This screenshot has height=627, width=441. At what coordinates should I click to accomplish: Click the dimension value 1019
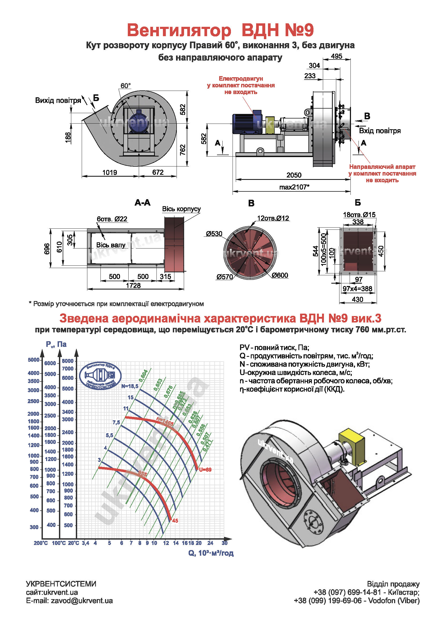coord(109,173)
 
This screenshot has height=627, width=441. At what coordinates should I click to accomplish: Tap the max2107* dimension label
coord(294,187)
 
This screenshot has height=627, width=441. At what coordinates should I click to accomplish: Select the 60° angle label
coord(126,86)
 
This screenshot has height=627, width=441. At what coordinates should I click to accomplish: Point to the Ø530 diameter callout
coord(214,234)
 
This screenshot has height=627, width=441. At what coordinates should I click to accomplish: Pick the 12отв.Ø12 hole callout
coord(273,218)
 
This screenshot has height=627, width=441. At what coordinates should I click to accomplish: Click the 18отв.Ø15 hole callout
coord(359,215)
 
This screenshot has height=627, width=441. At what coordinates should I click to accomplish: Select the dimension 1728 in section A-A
coord(133,285)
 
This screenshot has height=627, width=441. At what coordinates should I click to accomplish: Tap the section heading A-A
coord(143,203)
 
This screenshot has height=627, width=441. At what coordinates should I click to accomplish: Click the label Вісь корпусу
coord(181,209)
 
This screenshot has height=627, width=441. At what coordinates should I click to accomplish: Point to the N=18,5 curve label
coord(130,386)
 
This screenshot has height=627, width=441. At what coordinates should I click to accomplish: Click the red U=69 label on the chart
coord(205,470)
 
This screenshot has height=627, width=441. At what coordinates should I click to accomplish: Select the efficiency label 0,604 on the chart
coord(143,376)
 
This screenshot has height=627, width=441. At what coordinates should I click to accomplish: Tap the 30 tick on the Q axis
coord(225,543)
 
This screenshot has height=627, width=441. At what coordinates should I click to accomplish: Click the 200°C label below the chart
coord(41,543)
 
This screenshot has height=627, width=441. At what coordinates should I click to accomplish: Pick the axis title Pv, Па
coord(56,344)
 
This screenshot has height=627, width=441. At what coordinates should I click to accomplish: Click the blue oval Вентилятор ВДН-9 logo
coord(100,376)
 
